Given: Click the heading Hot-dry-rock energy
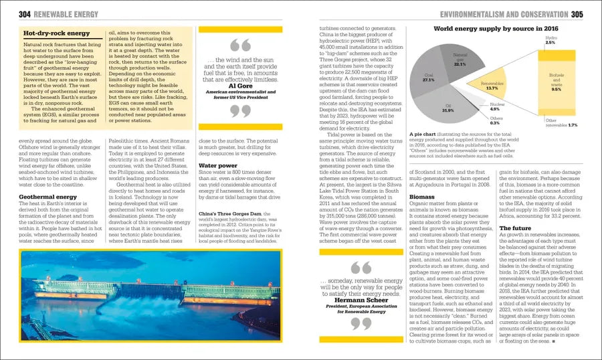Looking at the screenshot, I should pos(56,33).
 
